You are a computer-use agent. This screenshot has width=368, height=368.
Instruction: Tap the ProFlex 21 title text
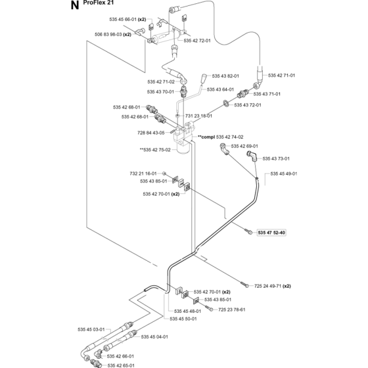[99, 3]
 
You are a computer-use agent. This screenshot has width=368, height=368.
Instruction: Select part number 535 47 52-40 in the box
[271, 233]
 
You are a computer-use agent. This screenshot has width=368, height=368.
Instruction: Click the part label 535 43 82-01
[225, 76]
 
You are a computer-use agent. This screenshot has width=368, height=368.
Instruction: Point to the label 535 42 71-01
[281, 76]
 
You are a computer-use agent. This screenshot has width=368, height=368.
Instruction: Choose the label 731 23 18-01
[198, 116]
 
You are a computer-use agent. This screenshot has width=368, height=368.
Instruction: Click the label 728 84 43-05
[151, 133]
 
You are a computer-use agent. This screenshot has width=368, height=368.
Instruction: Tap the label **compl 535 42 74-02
[220, 137]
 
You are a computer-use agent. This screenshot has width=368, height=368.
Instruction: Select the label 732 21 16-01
[143, 173]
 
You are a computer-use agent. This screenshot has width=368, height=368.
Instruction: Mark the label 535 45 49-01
[284, 173]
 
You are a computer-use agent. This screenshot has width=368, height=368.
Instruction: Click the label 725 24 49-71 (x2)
[273, 286]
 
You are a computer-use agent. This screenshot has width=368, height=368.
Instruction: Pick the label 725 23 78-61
[231, 310]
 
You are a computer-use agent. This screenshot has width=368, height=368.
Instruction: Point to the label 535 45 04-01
[154, 336]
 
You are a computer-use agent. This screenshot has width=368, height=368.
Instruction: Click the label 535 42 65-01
[121, 365]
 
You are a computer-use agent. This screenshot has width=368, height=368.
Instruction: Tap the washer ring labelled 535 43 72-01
[226, 103]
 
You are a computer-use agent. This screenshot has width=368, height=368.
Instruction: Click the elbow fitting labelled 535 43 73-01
[252, 156]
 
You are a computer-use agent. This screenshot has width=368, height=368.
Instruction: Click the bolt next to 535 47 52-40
[248, 231]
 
